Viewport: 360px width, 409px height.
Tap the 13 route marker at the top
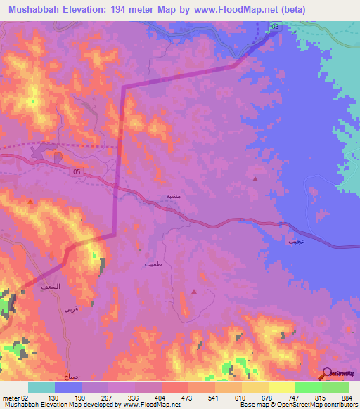(275, 27)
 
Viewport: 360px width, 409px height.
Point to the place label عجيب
(295, 241)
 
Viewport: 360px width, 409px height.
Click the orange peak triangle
(30, 202)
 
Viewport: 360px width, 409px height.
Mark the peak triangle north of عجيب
(255, 180)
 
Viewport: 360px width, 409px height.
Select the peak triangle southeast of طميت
(195, 291)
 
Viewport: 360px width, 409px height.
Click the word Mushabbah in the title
(35, 10)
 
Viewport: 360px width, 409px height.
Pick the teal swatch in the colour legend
(41, 387)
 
